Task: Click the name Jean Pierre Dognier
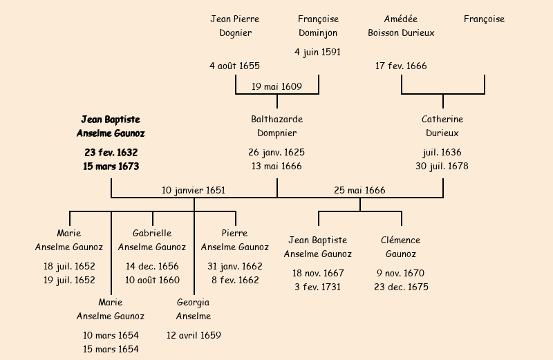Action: [x=235, y=26]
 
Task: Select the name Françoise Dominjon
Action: [x=318, y=26]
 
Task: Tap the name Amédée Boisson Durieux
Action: [x=401, y=26]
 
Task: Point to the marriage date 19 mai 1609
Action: [x=276, y=86]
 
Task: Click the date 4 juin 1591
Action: [x=318, y=52]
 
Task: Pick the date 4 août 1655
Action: [x=235, y=66]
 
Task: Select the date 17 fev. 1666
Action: [x=401, y=66]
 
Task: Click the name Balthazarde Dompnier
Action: [x=276, y=126]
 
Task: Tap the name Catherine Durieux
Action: [x=442, y=126]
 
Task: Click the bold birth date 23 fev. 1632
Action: [x=111, y=152]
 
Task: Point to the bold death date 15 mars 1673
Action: [x=111, y=166]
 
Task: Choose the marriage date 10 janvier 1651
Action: [x=194, y=190]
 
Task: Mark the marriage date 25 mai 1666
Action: [x=359, y=190]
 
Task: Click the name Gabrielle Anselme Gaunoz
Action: [x=152, y=240]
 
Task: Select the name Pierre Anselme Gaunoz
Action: [x=235, y=240]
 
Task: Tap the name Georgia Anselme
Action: [x=194, y=309]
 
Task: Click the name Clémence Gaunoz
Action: [x=401, y=247]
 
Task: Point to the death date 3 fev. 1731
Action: [x=318, y=287]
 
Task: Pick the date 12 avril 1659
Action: [x=194, y=335]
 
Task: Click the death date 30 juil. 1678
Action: [x=442, y=166]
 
